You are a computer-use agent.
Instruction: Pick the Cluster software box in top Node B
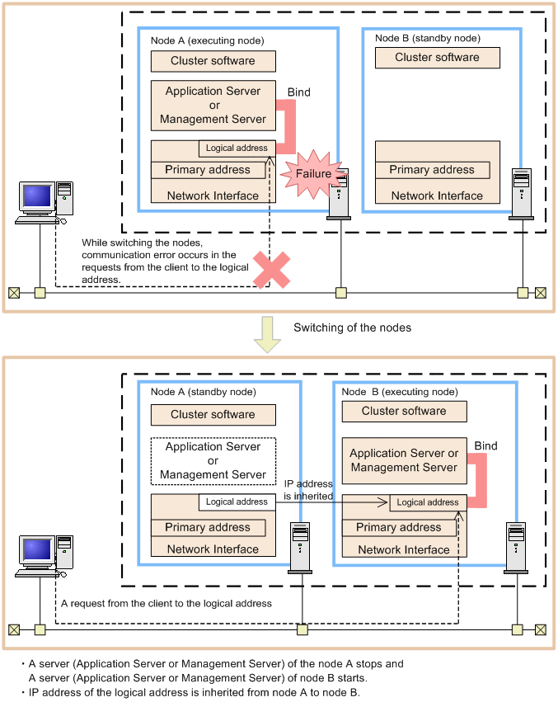tap(437, 58)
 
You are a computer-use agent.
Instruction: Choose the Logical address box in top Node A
tap(237, 148)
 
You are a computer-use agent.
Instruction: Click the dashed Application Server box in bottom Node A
tap(213, 460)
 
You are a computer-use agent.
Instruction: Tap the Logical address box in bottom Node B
tap(428, 502)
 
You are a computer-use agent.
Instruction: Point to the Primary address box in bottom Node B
tap(399, 528)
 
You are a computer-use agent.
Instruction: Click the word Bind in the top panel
tap(298, 92)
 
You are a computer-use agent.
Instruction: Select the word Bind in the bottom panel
tap(485, 446)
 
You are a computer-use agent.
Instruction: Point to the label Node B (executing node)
tap(399, 392)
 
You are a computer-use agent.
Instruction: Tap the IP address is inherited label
tap(308, 490)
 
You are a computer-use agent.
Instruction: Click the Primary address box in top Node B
tap(432, 170)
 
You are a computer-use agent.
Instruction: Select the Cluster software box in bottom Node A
tap(213, 415)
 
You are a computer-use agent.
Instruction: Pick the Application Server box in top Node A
tap(213, 105)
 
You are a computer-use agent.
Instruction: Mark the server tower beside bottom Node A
tap(298, 547)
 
